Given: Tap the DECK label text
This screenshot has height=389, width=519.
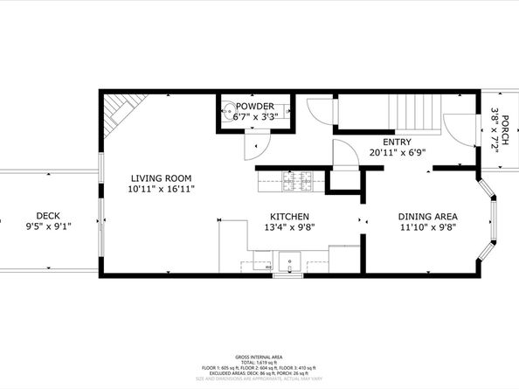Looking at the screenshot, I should point(48,216).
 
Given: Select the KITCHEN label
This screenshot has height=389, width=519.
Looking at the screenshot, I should point(288,216).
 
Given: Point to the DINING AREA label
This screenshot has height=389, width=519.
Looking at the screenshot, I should point(428,216).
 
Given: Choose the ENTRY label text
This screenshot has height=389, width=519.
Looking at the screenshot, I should point(398,141).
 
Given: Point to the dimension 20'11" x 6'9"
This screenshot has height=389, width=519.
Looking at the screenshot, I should point(398,152).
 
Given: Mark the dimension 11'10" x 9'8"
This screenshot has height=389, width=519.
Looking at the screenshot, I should point(428,228).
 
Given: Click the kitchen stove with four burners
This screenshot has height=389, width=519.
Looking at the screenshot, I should point(295,182).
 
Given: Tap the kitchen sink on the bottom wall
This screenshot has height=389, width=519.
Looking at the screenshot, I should point(288,260).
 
